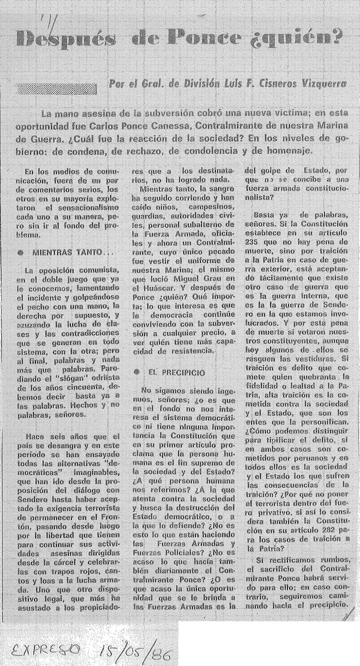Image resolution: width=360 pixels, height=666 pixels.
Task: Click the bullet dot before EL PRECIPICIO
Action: pyautogui.click(x=137, y=372)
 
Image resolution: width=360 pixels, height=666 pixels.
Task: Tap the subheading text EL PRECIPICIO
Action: pyautogui.click(x=176, y=372)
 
